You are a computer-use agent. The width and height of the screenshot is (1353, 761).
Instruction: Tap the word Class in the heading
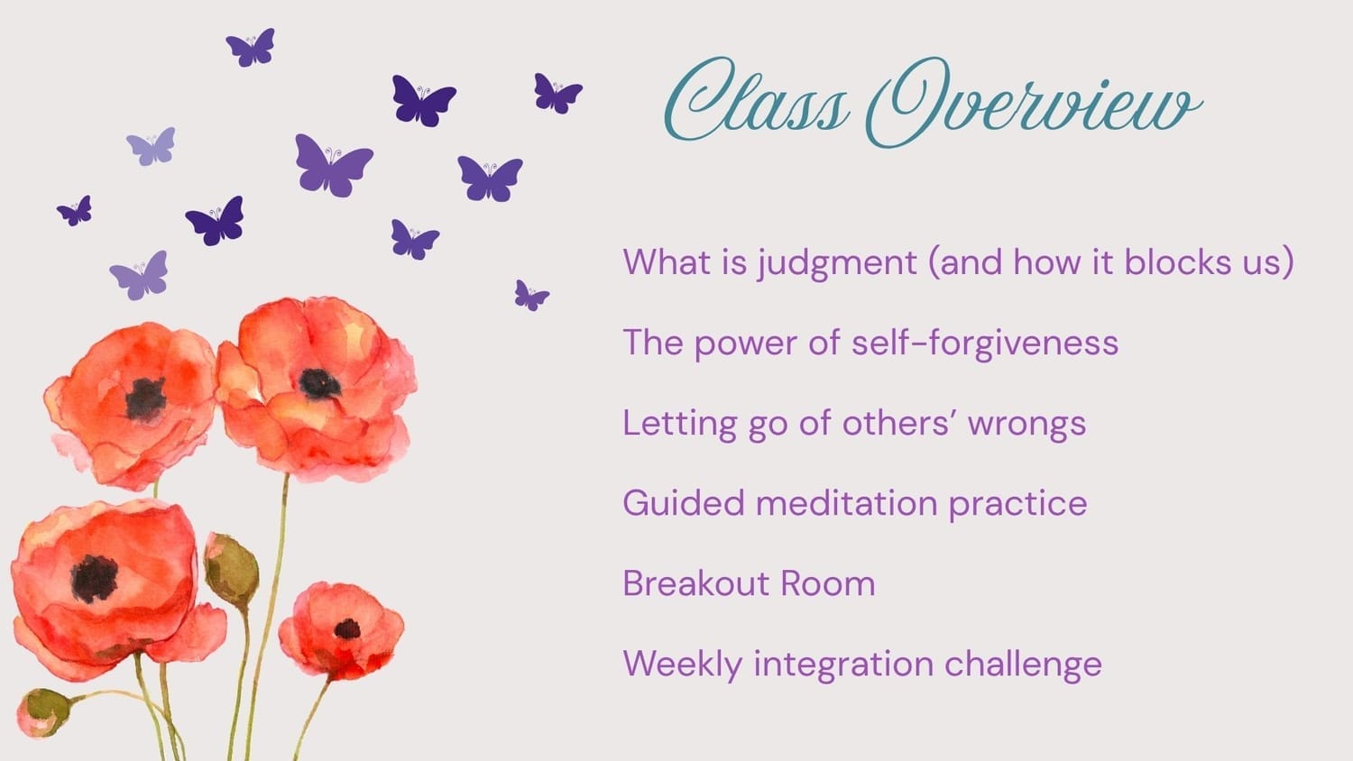[x=756, y=100]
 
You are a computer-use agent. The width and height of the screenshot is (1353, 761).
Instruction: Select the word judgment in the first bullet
[x=837, y=264]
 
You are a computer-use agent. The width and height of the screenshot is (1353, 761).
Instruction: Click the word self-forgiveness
[x=985, y=344]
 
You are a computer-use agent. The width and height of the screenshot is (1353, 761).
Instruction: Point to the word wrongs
[x=1026, y=424]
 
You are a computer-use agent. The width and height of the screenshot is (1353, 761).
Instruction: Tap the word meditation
[x=846, y=503]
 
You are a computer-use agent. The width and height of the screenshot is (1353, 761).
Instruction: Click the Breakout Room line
[x=749, y=583]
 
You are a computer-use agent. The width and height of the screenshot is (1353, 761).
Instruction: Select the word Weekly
[x=683, y=665]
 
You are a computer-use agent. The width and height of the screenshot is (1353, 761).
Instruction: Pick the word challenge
[x=1023, y=665]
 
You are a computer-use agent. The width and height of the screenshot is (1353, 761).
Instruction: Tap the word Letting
[x=679, y=424]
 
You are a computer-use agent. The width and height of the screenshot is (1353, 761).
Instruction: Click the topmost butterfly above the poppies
[x=251, y=47]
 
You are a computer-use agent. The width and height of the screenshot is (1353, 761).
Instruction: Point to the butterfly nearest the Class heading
[x=557, y=94]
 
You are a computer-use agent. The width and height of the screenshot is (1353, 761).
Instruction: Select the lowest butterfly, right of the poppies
[x=531, y=296]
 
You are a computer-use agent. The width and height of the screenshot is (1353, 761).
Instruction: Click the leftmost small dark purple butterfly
[x=74, y=211]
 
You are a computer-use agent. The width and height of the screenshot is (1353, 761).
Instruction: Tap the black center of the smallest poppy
[x=347, y=629]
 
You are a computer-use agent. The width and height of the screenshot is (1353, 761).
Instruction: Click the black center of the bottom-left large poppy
[x=94, y=579]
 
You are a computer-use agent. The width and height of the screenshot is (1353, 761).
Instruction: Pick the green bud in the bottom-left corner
[x=42, y=712]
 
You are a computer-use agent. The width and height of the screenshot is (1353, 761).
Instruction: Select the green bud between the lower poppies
[x=231, y=570]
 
